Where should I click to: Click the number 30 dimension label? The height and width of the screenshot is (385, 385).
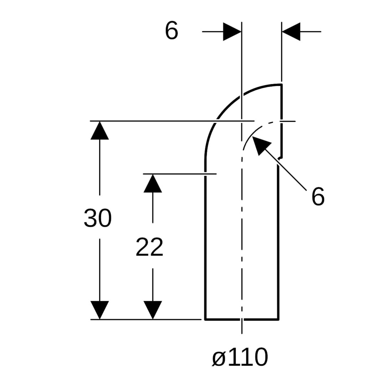click(98, 218)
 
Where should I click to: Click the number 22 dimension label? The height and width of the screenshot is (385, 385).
click(149, 247)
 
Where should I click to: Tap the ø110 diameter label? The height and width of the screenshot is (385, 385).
click(240, 357)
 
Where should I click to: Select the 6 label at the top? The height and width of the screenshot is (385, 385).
click(171, 30)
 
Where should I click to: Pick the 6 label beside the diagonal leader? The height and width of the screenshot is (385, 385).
click(318, 196)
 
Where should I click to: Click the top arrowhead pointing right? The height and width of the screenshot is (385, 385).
click(232, 32)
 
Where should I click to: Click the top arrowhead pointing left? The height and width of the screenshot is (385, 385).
click(291, 32)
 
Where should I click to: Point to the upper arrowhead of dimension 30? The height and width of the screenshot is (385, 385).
click(99, 130)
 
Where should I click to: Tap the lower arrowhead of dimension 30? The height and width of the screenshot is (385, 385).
click(99, 310)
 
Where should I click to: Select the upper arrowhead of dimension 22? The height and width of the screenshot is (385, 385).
click(153, 183)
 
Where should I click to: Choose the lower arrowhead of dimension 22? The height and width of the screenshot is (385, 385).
click(153, 310)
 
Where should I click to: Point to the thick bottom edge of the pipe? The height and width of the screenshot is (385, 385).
click(242, 320)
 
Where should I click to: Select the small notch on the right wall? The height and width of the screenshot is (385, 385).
click(280, 158)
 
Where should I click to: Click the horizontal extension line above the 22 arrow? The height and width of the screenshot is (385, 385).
click(180, 174)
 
